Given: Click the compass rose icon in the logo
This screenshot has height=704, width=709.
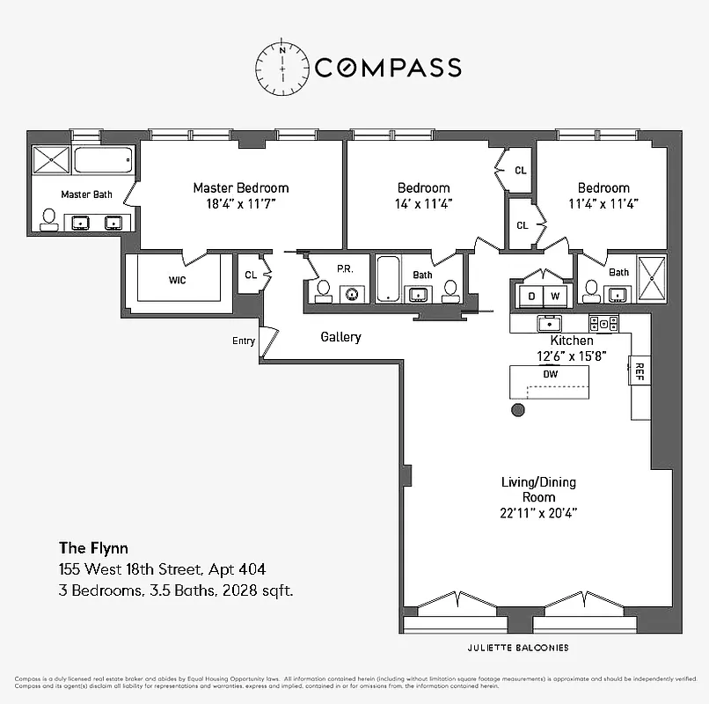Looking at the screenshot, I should (283, 67).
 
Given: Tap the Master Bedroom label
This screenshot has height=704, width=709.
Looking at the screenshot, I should (240, 187).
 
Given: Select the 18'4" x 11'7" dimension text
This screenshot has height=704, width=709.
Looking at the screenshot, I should (240, 203).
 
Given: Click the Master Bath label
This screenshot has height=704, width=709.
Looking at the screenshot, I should (86, 194).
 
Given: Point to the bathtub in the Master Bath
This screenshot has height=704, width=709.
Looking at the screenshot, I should (103, 160).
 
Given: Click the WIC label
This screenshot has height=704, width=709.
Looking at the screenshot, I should (182, 280).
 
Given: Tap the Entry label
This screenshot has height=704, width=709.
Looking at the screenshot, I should (243, 341).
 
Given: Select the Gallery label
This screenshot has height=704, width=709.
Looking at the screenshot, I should (340, 337).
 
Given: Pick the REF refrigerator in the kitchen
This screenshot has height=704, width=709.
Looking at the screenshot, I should (640, 373).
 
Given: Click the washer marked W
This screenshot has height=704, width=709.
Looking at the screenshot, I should (556, 296).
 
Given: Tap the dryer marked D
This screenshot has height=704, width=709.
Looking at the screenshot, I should (531, 296).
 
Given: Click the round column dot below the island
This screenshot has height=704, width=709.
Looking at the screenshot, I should (518, 410).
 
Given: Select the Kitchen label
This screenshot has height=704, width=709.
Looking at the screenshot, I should (572, 341).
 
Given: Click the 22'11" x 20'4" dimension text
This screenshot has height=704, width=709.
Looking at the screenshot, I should (528, 512).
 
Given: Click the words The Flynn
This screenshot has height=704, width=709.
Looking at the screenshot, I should (93, 549).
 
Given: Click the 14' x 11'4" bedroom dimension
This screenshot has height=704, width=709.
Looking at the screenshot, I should (423, 203).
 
